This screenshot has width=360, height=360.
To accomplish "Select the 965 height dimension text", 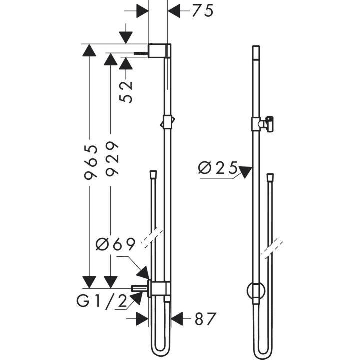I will [x=90, y=162].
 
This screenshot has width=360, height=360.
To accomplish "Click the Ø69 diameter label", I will [x=116, y=245].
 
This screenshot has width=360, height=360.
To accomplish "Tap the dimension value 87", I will [x=204, y=318].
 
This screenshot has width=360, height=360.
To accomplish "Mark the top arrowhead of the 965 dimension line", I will [x=89, y=50].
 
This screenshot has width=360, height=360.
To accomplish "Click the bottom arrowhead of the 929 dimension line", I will [x=112, y=282].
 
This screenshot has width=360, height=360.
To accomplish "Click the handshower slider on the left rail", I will [x=168, y=121].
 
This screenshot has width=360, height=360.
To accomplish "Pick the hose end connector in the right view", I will [x=270, y=177].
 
